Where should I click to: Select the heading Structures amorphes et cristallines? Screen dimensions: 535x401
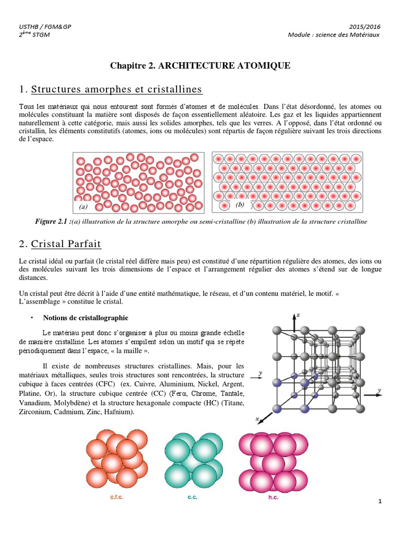click(116, 89)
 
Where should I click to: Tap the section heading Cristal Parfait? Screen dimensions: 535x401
click(66, 244)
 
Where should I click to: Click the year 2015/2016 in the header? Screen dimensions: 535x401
click(364, 26)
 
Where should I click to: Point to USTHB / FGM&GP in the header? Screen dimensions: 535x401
click(39, 26)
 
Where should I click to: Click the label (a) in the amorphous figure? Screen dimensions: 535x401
click(83, 207)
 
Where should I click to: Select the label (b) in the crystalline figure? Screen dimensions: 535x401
click(240, 204)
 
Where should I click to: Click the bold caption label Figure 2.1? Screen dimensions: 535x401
click(52, 222)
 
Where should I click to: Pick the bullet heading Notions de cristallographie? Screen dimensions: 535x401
click(86, 318)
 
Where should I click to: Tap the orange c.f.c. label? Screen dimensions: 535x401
click(116, 497)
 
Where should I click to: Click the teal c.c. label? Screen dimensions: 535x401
click(192, 497)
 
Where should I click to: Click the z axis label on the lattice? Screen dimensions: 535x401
click(298, 315)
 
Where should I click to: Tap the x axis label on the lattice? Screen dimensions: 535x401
click(257, 418)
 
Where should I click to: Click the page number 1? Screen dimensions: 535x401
click(381, 502)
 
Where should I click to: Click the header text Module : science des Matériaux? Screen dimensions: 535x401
click(334, 35)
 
